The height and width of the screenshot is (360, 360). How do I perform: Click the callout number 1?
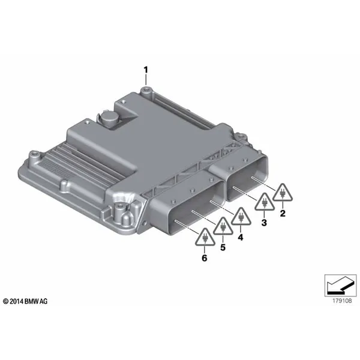[146, 70]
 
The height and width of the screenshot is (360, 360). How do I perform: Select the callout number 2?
[283, 213]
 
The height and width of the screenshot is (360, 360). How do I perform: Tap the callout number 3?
[264, 222]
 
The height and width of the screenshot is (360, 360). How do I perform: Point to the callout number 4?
[241, 237]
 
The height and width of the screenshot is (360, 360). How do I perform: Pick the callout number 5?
[223, 247]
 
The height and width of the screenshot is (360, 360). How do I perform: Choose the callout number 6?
[205, 258]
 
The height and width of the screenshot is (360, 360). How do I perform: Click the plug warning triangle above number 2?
[283, 193]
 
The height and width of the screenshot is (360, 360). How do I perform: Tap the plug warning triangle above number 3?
[264, 202]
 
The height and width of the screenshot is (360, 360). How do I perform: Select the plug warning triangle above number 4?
[241, 217]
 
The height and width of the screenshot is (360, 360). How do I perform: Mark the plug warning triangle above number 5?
[223, 227]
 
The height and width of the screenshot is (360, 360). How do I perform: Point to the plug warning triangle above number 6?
[205, 238]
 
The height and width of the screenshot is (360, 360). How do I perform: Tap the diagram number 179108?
[342, 301]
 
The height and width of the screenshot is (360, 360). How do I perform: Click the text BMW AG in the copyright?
[36, 301]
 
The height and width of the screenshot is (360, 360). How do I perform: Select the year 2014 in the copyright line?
[17, 301]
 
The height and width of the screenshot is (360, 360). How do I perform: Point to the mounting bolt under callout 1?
[146, 90]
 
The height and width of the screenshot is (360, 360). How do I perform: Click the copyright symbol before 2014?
[6, 301]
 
